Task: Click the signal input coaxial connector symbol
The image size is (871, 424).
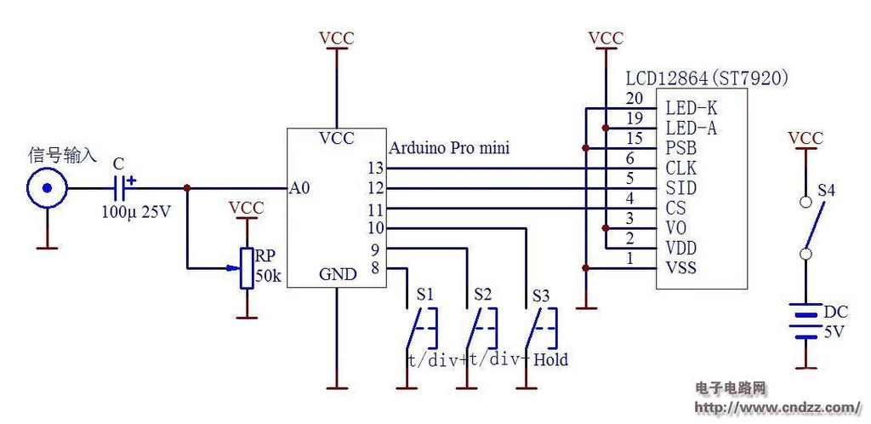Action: click(x=48, y=188)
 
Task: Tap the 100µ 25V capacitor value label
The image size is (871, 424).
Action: click(x=136, y=212)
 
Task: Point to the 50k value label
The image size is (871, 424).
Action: click(x=270, y=276)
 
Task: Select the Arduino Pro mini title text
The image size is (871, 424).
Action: click(x=449, y=148)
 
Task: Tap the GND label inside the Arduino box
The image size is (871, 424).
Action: click(x=337, y=274)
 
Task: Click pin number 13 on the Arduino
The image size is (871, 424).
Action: click(x=376, y=168)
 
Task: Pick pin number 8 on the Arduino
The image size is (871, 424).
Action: click(x=375, y=269)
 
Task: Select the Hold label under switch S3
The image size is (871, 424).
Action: click(x=550, y=360)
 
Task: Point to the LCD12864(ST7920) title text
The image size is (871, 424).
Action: click(x=707, y=79)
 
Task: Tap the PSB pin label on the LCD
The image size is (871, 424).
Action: click(x=681, y=148)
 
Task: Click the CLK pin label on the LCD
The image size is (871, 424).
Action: click(x=681, y=168)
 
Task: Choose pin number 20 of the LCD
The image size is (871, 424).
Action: click(x=635, y=99)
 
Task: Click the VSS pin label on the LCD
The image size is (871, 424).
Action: click(x=681, y=269)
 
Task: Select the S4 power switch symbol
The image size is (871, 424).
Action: click(x=811, y=228)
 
